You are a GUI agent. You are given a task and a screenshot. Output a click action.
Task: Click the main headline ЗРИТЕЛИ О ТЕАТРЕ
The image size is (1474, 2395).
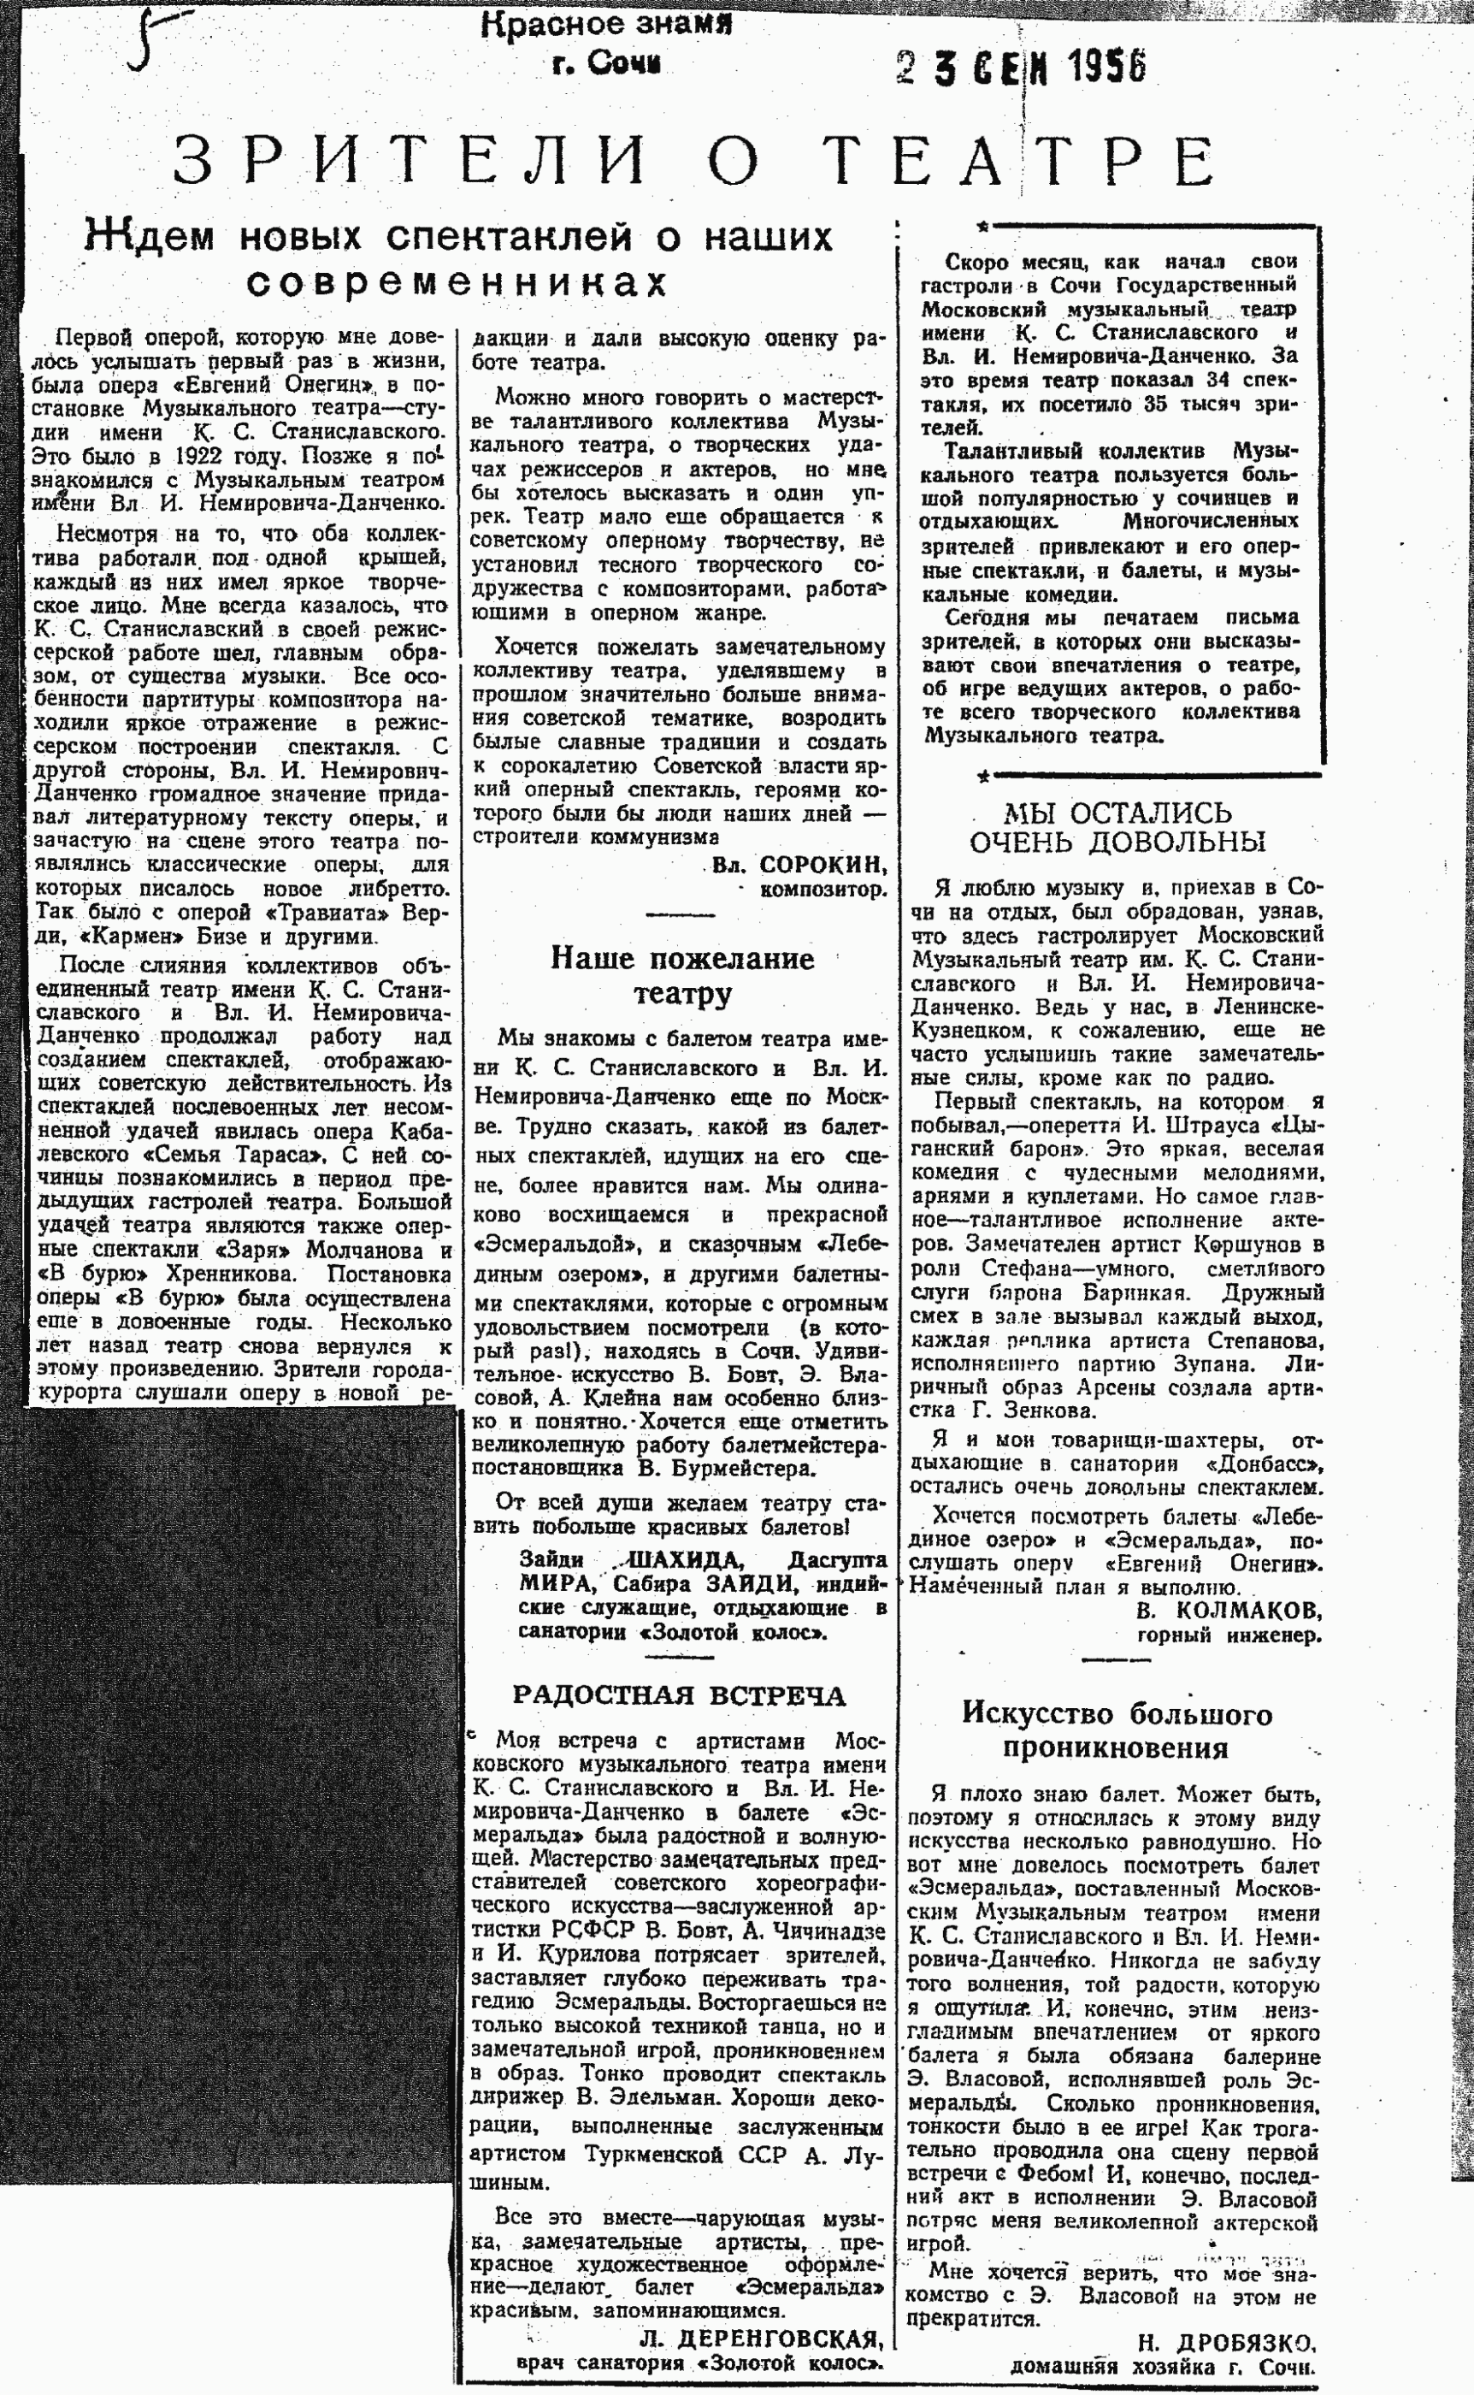pyautogui.click(x=694, y=161)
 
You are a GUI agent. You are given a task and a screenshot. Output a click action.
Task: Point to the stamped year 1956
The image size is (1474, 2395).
pyautogui.click(x=1106, y=67)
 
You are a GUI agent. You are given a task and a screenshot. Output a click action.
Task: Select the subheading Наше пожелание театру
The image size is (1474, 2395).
pyautogui.click(x=681, y=975)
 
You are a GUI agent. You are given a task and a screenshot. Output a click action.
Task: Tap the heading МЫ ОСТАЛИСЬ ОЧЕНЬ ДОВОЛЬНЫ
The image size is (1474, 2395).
pyautogui.click(x=1117, y=827)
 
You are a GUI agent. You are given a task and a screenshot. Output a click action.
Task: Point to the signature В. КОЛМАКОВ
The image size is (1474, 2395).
pyautogui.click(x=1229, y=1610)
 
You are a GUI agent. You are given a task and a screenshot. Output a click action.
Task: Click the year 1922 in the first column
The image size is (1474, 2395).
pyautogui.click(x=204, y=457)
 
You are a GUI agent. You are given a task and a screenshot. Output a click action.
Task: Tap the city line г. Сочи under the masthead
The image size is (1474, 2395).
pyautogui.click(x=605, y=64)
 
